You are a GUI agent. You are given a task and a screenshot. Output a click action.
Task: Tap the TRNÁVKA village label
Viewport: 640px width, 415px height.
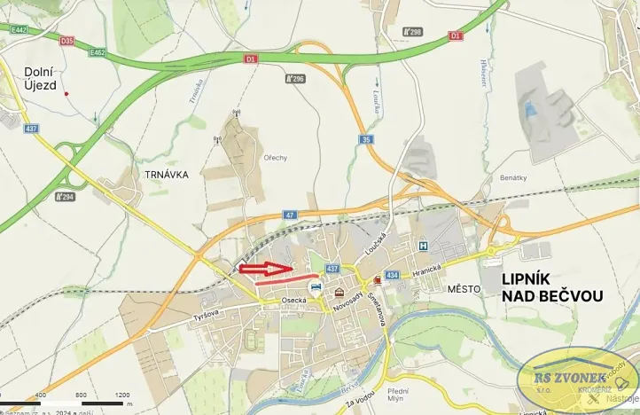(x=163, y=175)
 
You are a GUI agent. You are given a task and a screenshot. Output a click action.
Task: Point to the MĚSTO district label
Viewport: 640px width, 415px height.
(x=464, y=289)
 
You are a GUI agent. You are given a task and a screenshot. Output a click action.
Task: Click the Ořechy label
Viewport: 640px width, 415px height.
(x=276, y=158)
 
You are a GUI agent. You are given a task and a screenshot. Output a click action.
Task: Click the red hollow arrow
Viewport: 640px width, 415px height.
(x=265, y=268)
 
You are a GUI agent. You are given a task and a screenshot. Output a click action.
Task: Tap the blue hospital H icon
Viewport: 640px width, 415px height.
(x=423, y=246)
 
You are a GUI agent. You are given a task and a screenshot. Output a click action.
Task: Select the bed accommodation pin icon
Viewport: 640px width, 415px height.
(x=315, y=286)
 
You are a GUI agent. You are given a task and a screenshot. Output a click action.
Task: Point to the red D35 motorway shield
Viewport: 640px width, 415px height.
(x=67, y=41)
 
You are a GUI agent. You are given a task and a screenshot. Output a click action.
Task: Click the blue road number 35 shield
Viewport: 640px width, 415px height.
(x=366, y=139)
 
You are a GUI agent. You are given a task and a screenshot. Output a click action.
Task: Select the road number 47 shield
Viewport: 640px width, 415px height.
(x=290, y=215)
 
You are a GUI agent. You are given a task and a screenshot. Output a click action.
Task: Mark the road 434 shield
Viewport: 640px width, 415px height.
(x=393, y=276)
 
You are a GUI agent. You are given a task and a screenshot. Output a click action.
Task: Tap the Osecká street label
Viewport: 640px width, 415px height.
(x=293, y=301)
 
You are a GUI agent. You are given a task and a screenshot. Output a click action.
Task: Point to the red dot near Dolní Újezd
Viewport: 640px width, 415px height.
(x=66, y=93)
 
